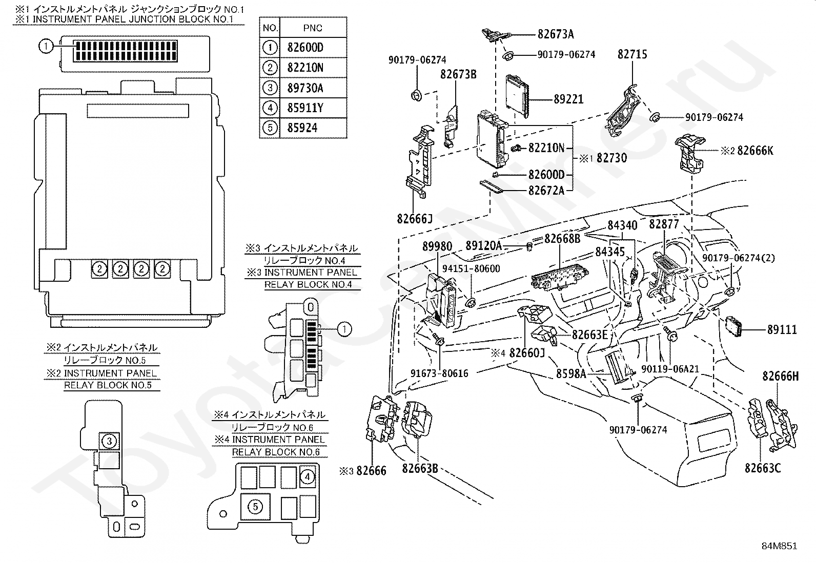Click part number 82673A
click(x=556, y=35)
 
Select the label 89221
click(x=568, y=99)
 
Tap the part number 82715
click(x=632, y=54)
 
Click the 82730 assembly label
click(x=611, y=158)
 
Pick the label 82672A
click(x=546, y=191)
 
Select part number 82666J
click(x=415, y=219)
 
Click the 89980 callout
click(x=437, y=246)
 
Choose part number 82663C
click(x=763, y=468)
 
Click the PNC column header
click(x=313, y=28)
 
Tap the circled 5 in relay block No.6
click(x=255, y=507)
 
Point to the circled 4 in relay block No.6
click(x=307, y=477)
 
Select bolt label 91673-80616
click(x=439, y=373)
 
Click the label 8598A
click(x=570, y=374)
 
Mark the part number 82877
click(x=664, y=224)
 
